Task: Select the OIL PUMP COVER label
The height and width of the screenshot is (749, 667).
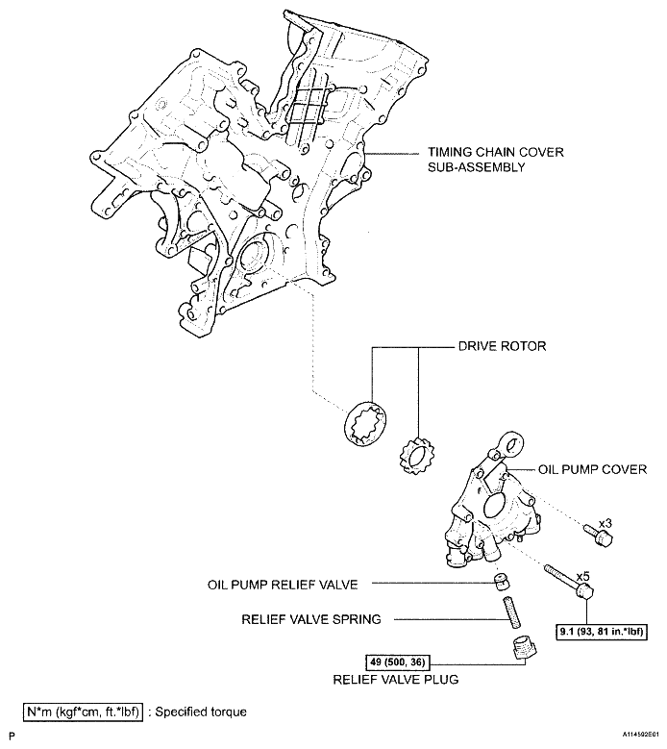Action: pos(592,469)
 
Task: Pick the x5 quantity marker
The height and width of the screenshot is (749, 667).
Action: pos(582,579)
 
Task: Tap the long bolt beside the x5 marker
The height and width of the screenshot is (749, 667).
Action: pos(567,587)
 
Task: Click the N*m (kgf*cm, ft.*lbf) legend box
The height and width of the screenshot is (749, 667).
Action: pos(76,712)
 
